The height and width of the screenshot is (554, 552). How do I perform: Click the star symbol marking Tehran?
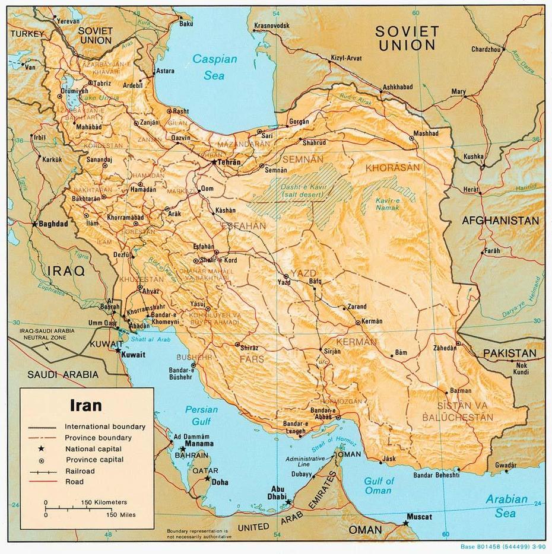click(x=215, y=161)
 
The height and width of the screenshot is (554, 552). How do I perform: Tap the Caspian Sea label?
click(x=214, y=67)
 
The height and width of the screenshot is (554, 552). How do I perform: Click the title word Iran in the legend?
click(x=86, y=406)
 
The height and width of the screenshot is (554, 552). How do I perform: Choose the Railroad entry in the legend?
click(x=80, y=471)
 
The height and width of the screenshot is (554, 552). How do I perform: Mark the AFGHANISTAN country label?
click(x=501, y=221)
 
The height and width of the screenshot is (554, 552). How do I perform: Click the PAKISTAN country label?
click(x=509, y=354)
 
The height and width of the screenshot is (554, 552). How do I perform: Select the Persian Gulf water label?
click(x=201, y=415)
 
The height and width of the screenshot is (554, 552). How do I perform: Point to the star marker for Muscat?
click(x=405, y=522)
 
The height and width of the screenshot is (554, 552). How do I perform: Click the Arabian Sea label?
click(x=506, y=505)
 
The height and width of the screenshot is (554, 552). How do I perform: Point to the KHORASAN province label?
click(x=388, y=168)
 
